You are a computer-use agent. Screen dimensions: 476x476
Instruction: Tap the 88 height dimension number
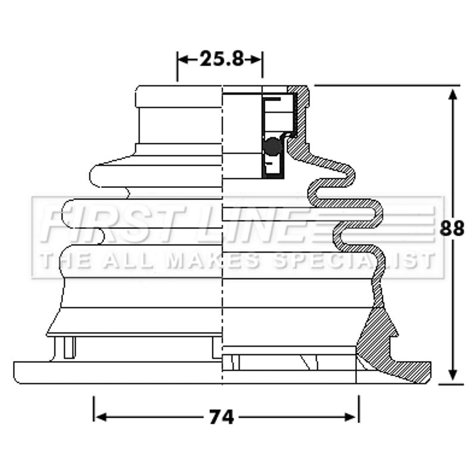[x=452, y=228]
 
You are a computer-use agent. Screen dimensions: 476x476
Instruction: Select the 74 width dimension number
[x=221, y=417]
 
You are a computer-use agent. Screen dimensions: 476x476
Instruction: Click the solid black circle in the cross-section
[x=273, y=145]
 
